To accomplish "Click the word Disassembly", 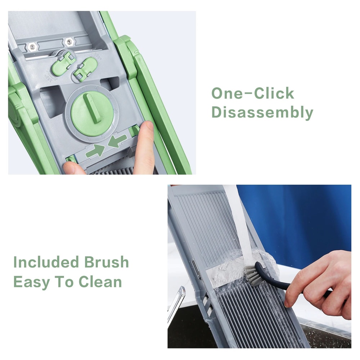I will (x=262, y=112).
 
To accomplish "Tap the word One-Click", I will (x=253, y=94).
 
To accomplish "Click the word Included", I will (x=46, y=262).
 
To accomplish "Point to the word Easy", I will (x=31, y=282).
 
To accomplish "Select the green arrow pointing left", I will (x=117, y=140).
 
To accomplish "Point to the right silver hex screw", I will (x=69, y=42).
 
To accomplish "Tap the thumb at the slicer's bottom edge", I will (x=74, y=168).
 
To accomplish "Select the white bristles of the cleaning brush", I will (x=253, y=275).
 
